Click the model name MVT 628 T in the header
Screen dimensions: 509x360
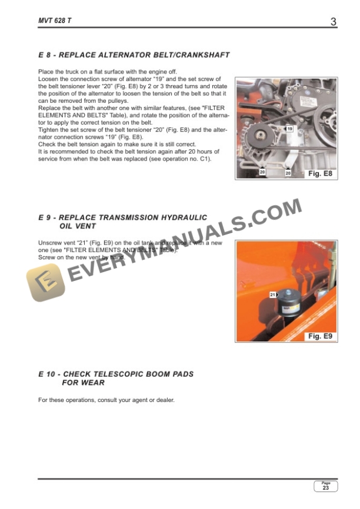coord(55,22)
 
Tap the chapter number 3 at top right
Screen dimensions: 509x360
coord(333,22)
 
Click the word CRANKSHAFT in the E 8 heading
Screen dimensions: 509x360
coord(200,55)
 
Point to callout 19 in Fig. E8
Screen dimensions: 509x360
coord(289,129)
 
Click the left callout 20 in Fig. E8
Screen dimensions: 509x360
coord(262,173)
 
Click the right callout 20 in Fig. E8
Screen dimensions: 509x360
coord(288,173)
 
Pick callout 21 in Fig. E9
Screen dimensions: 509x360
coord(272,294)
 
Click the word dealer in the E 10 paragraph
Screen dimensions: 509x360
coord(165,400)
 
